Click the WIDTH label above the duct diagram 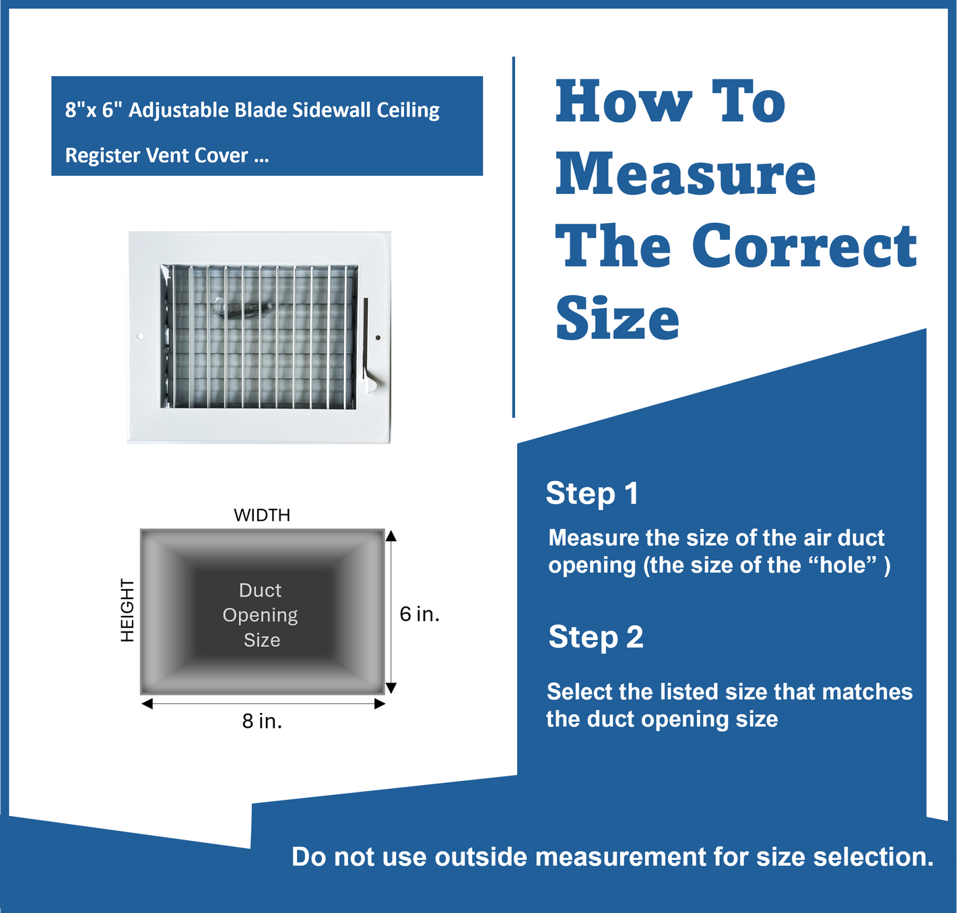click(262, 515)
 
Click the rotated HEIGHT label click(127, 610)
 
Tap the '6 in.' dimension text click(419, 614)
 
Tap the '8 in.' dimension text click(262, 722)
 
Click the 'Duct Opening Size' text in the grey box click(261, 615)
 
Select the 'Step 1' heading click(591, 493)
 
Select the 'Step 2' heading click(595, 637)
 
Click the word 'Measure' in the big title click(685, 174)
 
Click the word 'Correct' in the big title click(804, 246)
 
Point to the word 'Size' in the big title click(617, 319)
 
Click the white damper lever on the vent click(370, 383)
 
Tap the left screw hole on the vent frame click(140, 336)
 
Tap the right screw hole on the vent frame click(378, 338)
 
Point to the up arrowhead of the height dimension click(391, 536)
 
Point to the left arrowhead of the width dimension click(147, 703)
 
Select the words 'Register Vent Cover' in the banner click(157, 156)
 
